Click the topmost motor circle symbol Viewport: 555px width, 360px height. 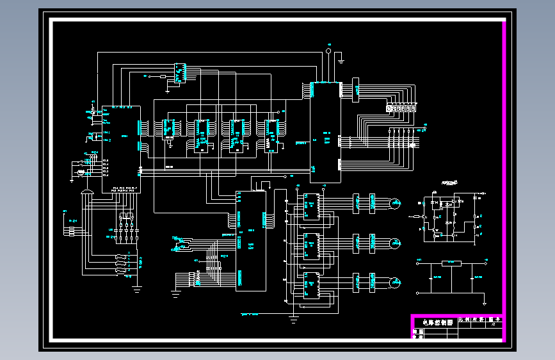(x=396, y=204)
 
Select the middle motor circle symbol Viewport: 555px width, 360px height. (x=396, y=243)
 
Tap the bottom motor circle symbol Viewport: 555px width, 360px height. (x=396, y=282)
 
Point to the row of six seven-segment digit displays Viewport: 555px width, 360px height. (x=401, y=109)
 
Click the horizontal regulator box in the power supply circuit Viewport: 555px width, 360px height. (x=452, y=263)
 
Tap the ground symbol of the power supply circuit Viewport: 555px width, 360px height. (x=485, y=305)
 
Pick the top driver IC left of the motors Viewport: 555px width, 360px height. (x=312, y=206)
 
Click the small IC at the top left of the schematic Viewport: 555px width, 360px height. (x=180, y=73)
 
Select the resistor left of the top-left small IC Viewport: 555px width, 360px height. (x=163, y=76)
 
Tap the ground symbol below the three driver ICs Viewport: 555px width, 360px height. (x=294, y=316)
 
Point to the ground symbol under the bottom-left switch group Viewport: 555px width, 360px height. (x=136, y=289)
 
